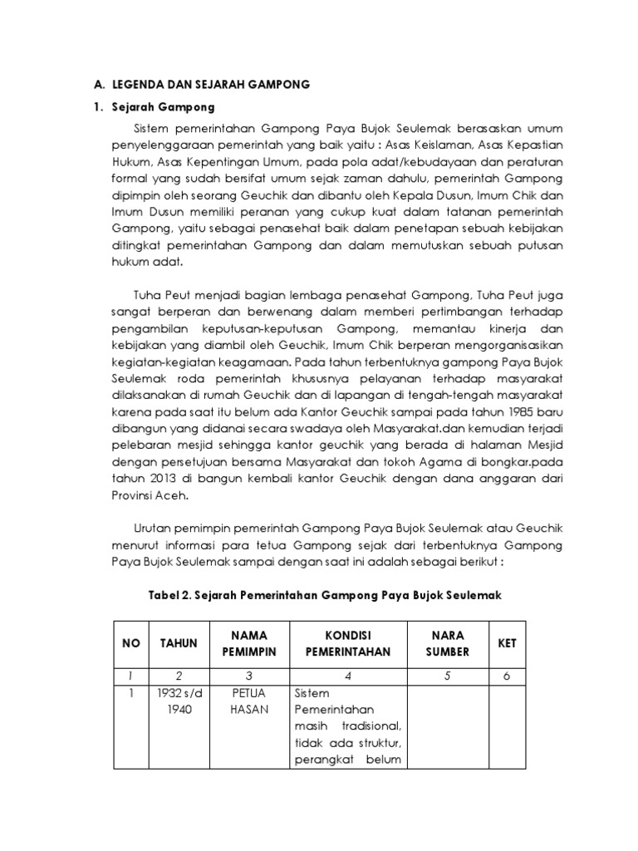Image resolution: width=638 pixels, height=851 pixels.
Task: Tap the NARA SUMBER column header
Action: pyautogui.click(x=448, y=644)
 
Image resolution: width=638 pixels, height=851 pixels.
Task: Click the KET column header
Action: pyautogui.click(x=507, y=644)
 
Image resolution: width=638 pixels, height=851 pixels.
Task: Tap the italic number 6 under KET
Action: pyautogui.click(x=507, y=676)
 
